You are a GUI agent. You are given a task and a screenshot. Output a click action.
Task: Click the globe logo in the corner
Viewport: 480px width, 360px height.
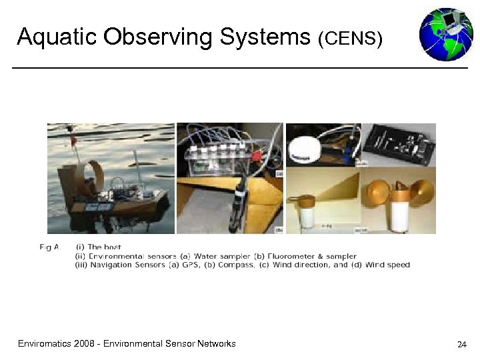445,34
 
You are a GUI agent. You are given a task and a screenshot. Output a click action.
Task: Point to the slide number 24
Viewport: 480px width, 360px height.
461,345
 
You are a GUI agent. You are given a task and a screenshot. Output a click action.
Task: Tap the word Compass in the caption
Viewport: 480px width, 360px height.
275,265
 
